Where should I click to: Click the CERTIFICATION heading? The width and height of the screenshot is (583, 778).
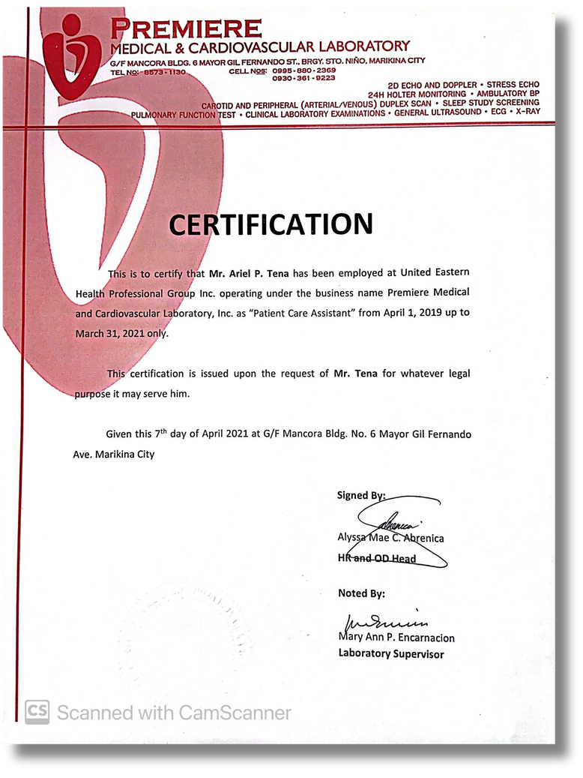tap(271, 224)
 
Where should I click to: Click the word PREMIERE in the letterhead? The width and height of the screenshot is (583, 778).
tap(187, 29)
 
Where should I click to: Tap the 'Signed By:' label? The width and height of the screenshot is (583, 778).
tap(361, 495)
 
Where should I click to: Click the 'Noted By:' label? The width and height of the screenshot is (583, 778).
tap(361, 593)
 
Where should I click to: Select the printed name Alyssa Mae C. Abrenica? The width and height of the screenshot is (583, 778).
tap(390, 538)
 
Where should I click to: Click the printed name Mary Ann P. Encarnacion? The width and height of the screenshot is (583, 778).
tap(396, 638)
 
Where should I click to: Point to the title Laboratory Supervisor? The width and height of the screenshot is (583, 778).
tap(390, 653)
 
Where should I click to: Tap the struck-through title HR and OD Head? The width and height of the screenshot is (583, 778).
tap(377, 558)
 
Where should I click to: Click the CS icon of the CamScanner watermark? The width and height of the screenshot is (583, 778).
tap(37, 712)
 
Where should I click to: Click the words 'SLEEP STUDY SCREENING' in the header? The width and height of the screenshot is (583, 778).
tap(490, 103)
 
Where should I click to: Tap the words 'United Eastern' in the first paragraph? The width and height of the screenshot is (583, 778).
tap(435, 272)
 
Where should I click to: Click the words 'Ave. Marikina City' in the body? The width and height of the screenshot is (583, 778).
tap(115, 454)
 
